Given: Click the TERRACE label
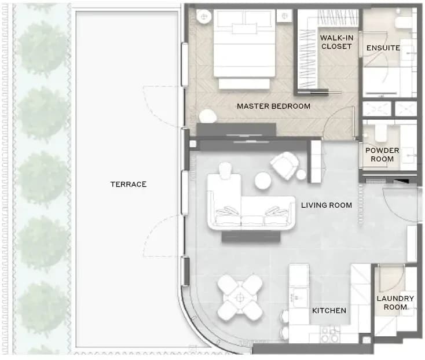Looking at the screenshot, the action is tap(129, 185).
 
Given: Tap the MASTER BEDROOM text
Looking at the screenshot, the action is tap(273, 106).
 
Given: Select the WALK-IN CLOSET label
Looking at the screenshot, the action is tap(336, 42).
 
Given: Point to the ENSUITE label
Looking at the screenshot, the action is tap(383, 48).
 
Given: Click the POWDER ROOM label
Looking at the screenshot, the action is tap(382, 155).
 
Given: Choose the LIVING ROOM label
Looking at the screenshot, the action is tap(327, 205).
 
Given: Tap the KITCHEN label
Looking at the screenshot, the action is tap(329, 310).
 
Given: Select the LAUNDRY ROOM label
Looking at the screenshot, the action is tap(395, 303).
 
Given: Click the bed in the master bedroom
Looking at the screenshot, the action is tap(244, 49).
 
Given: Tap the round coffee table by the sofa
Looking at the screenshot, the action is tap(263, 181).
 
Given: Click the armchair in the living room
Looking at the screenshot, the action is tap(285, 166).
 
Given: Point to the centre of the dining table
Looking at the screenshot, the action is tap(240, 297).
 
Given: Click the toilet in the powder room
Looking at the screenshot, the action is tap(380, 132).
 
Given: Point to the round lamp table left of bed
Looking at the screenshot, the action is tap(204, 17).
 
